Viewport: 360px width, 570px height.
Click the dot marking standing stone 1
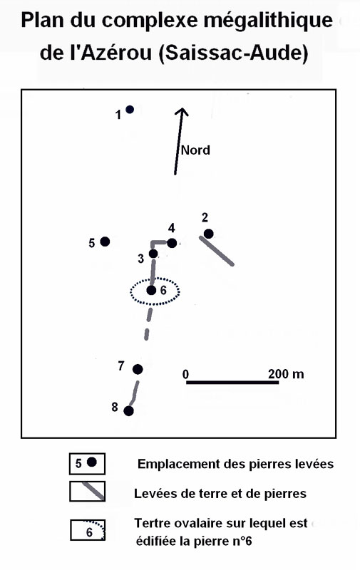[x=130, y=109]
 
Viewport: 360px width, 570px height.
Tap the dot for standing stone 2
[x=208, y=234]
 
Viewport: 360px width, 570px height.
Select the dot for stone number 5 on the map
[x=105, y=242]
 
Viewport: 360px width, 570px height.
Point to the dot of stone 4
[x=172, y=243]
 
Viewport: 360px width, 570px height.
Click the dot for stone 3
[x=153, y=254]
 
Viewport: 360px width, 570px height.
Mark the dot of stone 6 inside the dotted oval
[x=151, y=291]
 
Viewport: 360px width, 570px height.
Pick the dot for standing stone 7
[x=138, y=369]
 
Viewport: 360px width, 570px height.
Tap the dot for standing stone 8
[x=128, y=411]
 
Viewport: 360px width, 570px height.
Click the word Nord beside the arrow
[x=195, y=150]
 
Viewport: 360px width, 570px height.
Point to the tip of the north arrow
[x=182, y=108]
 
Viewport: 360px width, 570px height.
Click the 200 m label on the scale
[x=286, y=373]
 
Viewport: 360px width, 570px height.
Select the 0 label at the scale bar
[x=186, y=374]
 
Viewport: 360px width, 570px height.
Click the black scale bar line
[x=232, y=383]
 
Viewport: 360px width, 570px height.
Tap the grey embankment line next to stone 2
[x=217, y=251]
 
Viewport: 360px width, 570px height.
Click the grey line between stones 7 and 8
[x=134, y=393]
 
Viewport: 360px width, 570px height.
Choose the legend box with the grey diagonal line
[x=87, y=491]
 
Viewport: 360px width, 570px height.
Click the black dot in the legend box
[x=92, y=462]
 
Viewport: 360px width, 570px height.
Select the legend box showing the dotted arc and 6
[x=87, y=530]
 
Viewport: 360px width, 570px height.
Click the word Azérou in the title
[x=116, y=53]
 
